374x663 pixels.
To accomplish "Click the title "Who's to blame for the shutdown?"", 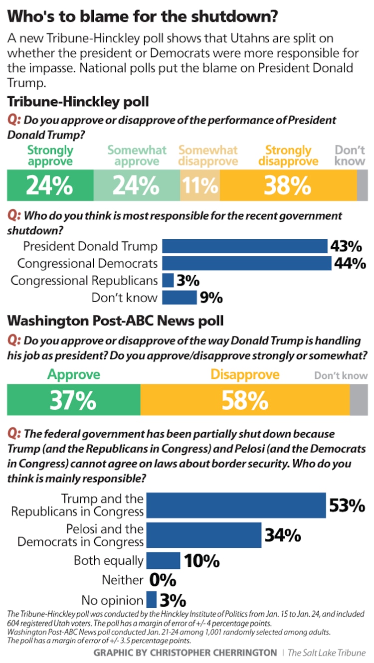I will pos(142,16).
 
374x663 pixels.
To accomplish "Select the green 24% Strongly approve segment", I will pos(50,185).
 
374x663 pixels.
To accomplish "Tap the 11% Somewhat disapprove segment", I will pos(200,185).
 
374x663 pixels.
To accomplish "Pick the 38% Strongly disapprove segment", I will pos(288,185).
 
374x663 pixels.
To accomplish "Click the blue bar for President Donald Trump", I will pos(245,246).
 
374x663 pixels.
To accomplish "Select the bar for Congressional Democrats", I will pos(247,263).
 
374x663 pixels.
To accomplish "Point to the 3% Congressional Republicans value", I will pos(188,281).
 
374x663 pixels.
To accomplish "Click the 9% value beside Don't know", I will pos(210,298).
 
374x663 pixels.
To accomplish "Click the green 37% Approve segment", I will pos(73,400).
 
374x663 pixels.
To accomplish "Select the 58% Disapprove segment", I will pos(245,400).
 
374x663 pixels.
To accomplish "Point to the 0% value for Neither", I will pos(163,580).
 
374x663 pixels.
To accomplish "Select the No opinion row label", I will pos(112,600).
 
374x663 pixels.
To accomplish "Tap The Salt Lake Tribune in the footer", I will pos(334,653).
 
